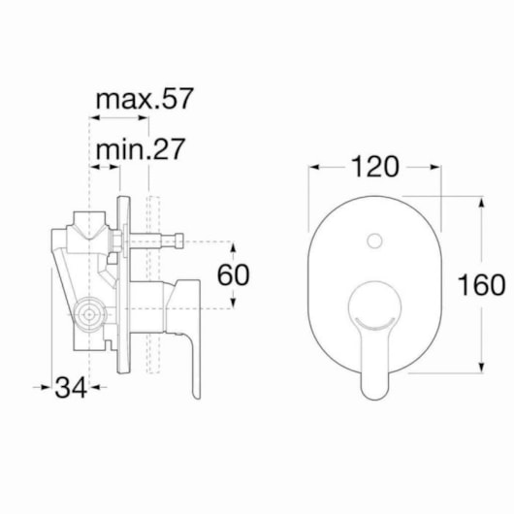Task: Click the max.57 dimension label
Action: (145, 99)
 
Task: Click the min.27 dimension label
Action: (141, 149)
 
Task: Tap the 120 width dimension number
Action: (375, 167)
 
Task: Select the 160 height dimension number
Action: (481, 285)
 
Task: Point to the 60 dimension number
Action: (234, 274)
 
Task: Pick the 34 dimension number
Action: (71, 388)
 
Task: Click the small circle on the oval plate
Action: (374, 241)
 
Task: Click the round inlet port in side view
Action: (89, 314)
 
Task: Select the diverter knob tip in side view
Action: (179, 241)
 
